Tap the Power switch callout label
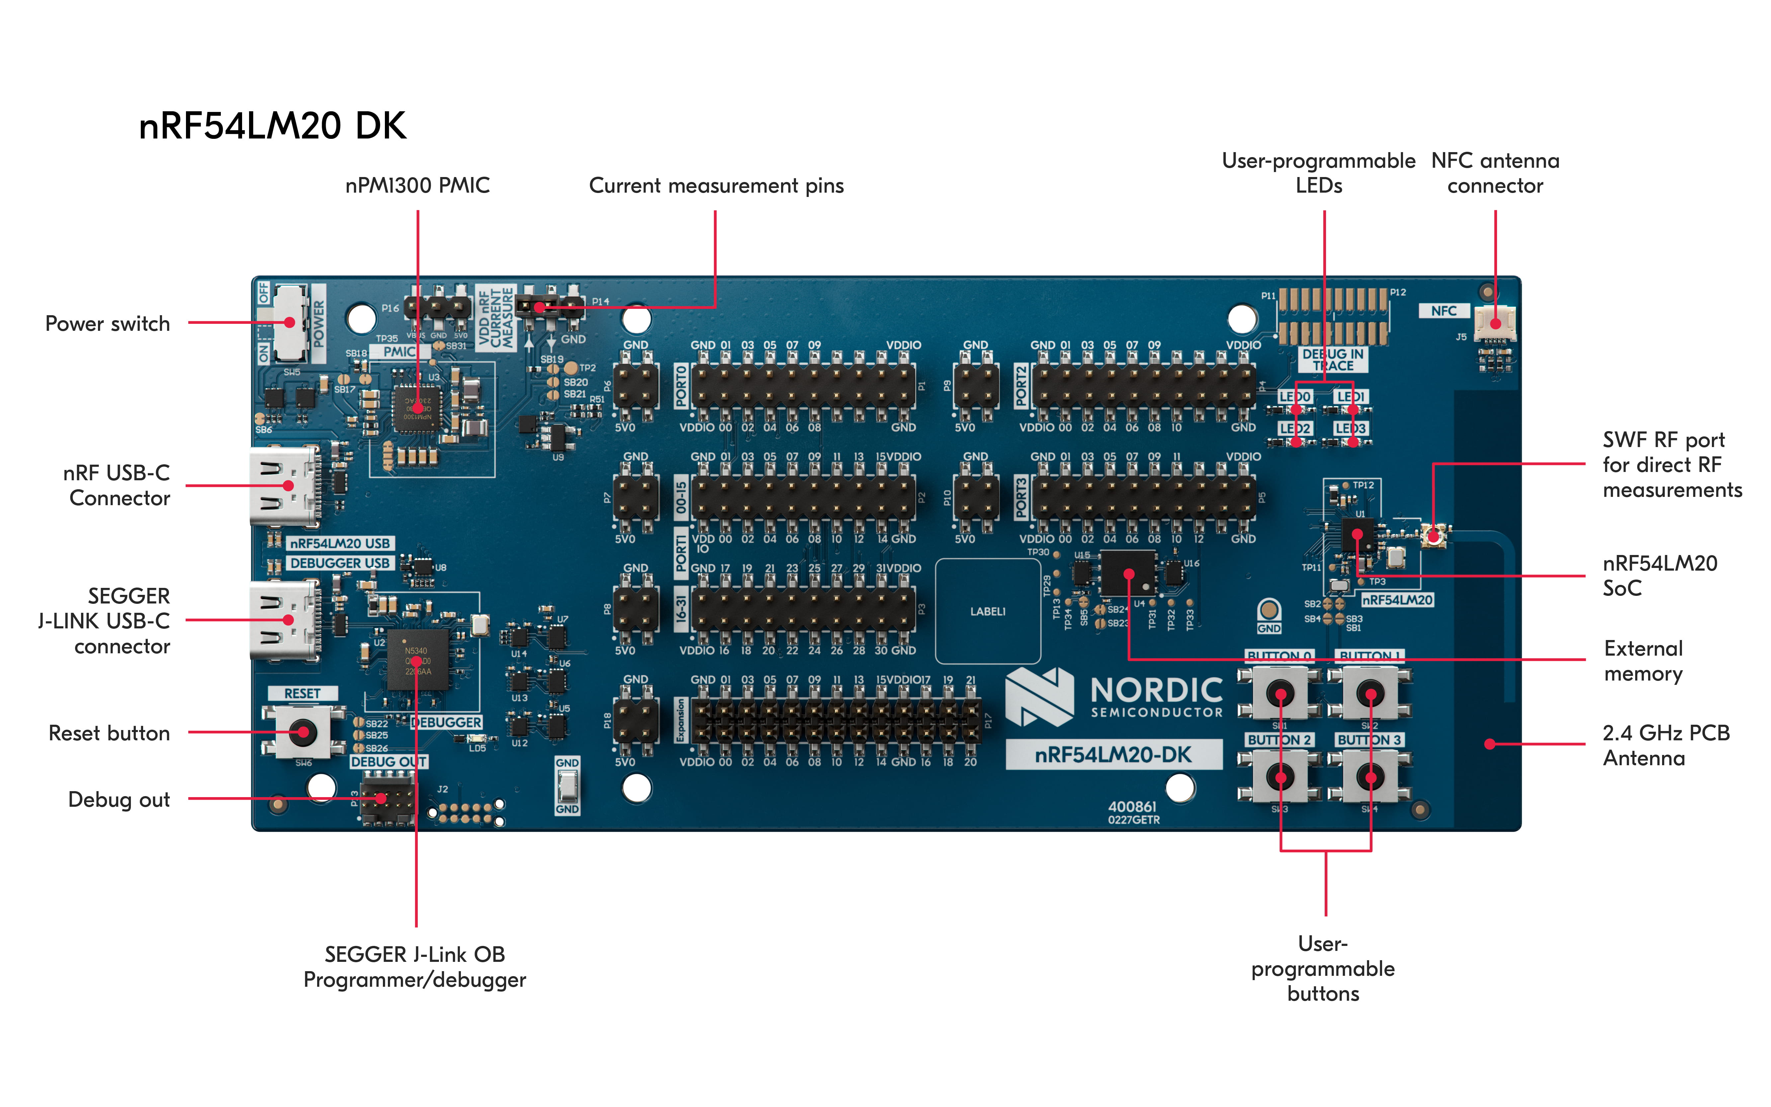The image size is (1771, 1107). pos(108,323)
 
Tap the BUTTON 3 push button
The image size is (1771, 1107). pos(1370,777)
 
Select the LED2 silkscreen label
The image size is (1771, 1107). pos(1294,428)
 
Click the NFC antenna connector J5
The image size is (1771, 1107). pos(1494,323)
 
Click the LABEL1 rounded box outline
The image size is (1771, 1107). pos(988,611)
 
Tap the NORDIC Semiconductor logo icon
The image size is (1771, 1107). pos(1039,697)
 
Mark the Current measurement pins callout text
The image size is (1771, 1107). pos(716,186)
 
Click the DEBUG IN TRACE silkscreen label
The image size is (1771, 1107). pos(1333,359)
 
